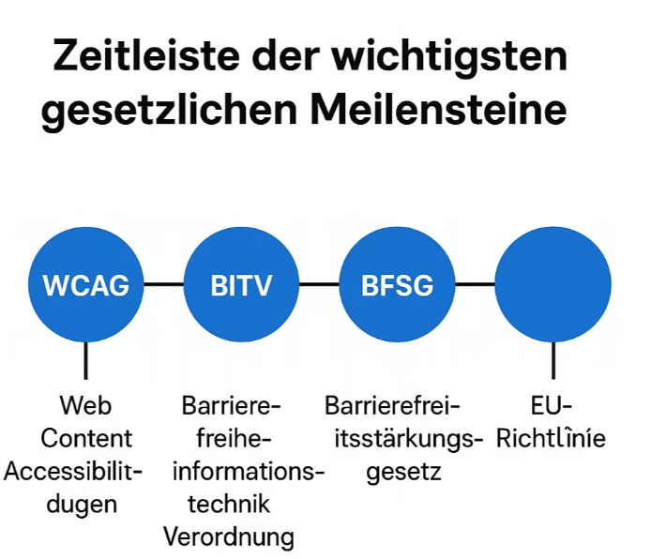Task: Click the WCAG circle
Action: (x=86, y=284)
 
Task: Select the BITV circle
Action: (x=241, y=284)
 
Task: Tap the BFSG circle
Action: (x=397, y=284)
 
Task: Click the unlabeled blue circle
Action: (x=553, y=284)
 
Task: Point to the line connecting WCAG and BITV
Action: (x=163, y=284)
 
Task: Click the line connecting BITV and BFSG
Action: (x=319, y=284)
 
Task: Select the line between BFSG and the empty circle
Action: (x=475, y=284)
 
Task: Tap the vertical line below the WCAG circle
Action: (x=86, y=361)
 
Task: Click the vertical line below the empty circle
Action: (x=553, y=361)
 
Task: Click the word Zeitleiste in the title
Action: (x=146, y=55)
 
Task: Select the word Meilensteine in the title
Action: (x=438, y=109)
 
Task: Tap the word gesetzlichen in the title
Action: (x=170, y=112)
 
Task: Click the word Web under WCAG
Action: (x=85, y=405)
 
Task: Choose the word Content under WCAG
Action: (x=86, y=438)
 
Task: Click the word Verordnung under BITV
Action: (x=229, y=537)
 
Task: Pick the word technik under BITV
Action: (x=229, y=505)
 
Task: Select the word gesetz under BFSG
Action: (x=403, y=473)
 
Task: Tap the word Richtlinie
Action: (x=551, y=438)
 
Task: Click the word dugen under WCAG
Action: (x=82, y=506)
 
